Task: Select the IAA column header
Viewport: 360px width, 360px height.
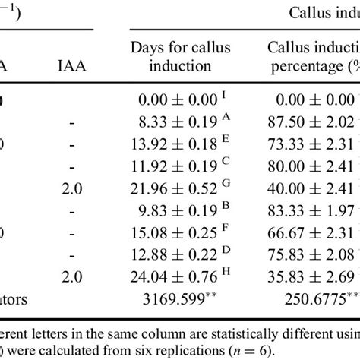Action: click(68, 66)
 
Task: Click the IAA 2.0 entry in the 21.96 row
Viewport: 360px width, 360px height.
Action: click(68, 187)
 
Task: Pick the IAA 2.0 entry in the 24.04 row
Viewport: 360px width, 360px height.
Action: click(68, 276)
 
